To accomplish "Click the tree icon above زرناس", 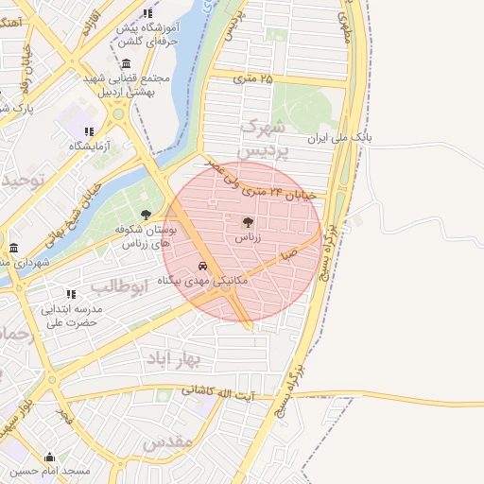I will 248,223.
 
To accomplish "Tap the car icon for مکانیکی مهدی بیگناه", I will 203,266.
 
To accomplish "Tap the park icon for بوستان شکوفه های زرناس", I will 146,215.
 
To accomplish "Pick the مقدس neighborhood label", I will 170,441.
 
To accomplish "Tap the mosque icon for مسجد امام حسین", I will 49,458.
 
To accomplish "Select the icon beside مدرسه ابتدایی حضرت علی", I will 70,294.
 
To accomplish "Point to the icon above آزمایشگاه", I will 89,131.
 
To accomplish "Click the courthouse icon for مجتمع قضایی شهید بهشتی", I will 127,63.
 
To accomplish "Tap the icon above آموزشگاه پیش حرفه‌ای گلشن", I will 147,13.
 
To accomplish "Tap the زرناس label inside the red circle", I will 248,239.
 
